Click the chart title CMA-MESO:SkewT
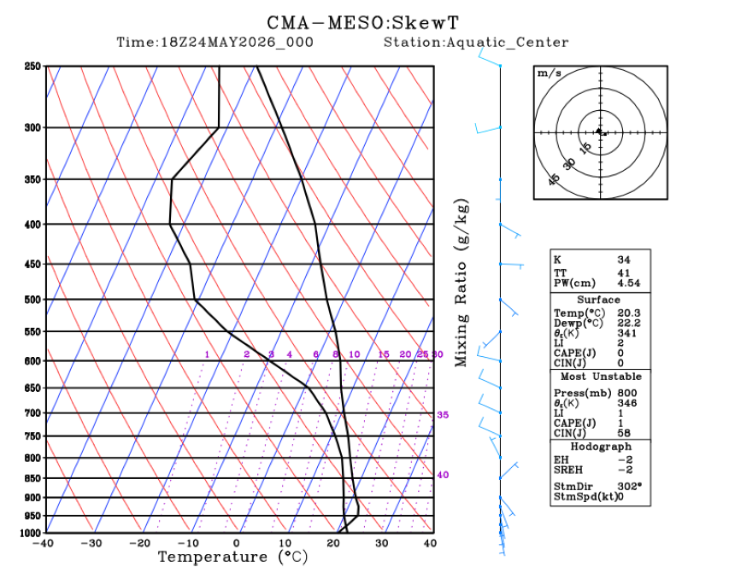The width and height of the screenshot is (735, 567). (363, 22)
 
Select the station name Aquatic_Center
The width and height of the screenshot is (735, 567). (507, 43)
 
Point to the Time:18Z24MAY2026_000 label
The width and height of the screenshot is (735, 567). (215, 42)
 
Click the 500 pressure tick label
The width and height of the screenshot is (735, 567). (32, 299)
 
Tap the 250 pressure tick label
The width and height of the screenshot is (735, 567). (32, 66)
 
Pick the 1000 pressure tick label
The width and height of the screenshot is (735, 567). (31, 533)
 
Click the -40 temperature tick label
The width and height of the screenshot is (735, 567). (43, 543)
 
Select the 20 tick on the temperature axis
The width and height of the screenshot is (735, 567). (332, 543)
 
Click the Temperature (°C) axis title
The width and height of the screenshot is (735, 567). (233, 557)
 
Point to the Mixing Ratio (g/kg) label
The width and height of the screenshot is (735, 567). (462, 283)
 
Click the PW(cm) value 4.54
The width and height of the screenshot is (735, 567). (628, 283)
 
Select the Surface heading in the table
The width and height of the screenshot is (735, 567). (598, 300)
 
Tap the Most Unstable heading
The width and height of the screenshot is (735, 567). (601, 377)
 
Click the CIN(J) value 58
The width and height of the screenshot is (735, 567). (624, 433)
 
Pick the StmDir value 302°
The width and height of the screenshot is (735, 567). (630, 487)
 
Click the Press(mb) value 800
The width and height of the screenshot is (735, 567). (626, 393)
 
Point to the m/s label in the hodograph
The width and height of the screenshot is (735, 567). (549, 73)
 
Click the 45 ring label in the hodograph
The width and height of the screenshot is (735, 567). (554, 179)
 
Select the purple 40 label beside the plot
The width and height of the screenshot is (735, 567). (443, 475)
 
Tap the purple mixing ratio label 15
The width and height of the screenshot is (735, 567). (384, 354)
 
